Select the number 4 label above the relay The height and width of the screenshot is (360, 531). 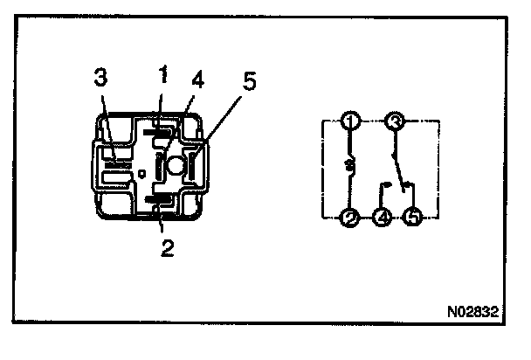click(x=198, y=81)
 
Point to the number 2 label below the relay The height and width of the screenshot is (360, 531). click(x=168, y=247)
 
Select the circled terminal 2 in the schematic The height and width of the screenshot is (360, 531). click(x=350, y=219)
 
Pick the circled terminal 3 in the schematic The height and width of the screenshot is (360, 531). click(x=395, y=122)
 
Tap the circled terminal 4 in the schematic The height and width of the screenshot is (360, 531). click(x=382, y=219)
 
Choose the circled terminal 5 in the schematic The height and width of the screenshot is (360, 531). click(x=412, y=219)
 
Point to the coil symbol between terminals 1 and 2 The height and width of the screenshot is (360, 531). click(x=350, y=166)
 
